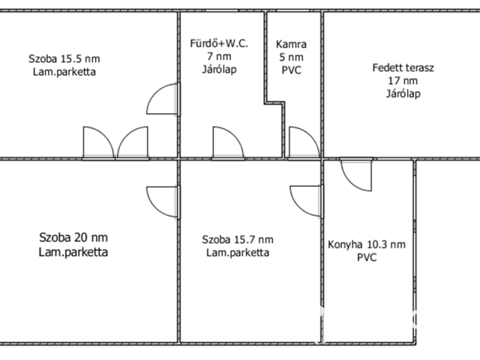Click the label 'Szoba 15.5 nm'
64,58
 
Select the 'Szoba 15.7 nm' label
238,239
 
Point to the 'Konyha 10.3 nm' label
367,244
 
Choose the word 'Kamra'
290,44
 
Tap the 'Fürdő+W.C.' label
218,43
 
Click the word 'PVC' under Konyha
367,257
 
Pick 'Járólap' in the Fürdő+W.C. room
218,70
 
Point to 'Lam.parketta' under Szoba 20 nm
73,252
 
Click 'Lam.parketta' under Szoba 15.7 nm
238,253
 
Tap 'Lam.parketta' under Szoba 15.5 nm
64,72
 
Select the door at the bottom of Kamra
302,142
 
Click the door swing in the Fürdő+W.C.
227,142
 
